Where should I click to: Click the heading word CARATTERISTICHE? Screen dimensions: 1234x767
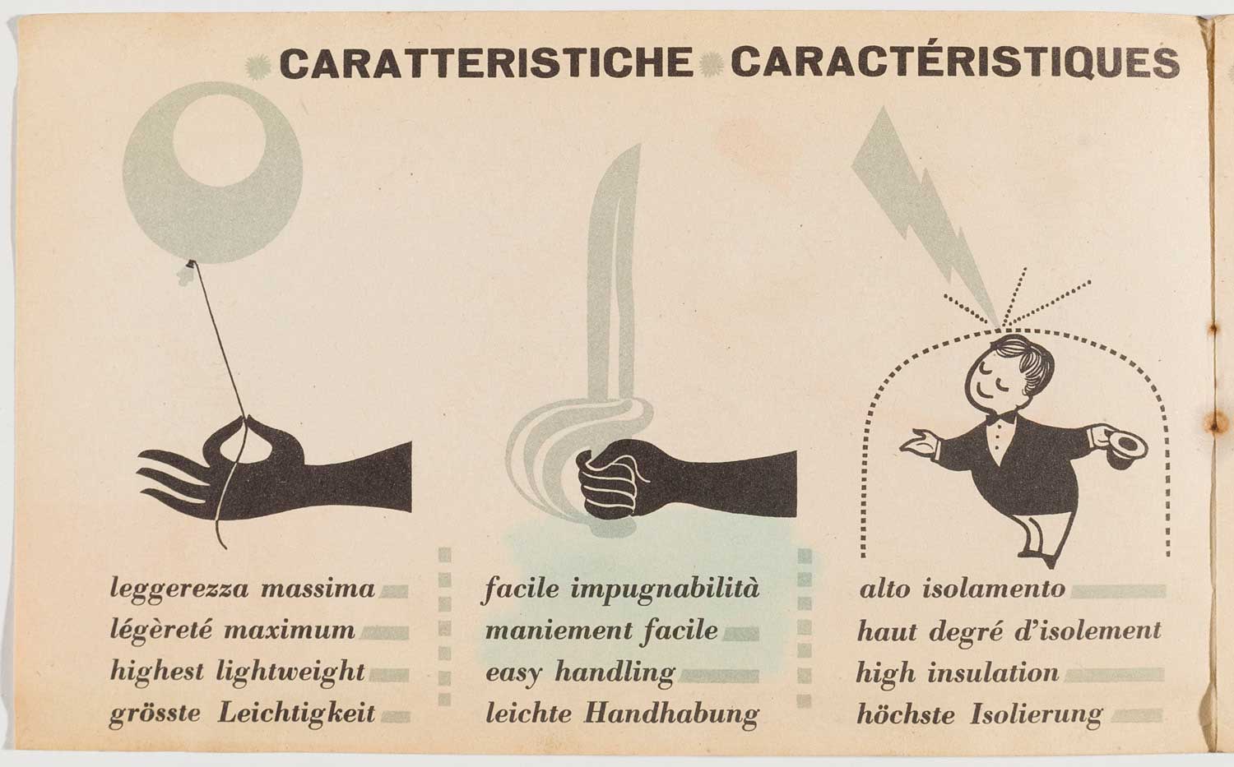pyautogui.click(x=486, y=62)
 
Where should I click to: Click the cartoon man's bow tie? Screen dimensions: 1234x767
pyautogui.click(x=1001, y=418)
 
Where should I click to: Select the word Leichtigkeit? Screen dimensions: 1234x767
pyautogui.click(x=296, y=714)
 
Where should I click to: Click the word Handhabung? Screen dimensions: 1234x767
pyautogui.click(x=671, y=714)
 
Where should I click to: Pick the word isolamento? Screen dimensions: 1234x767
pyautogui.click(x=993, y=589)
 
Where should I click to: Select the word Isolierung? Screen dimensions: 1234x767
pyautogui.click(x=1037, y=714)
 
